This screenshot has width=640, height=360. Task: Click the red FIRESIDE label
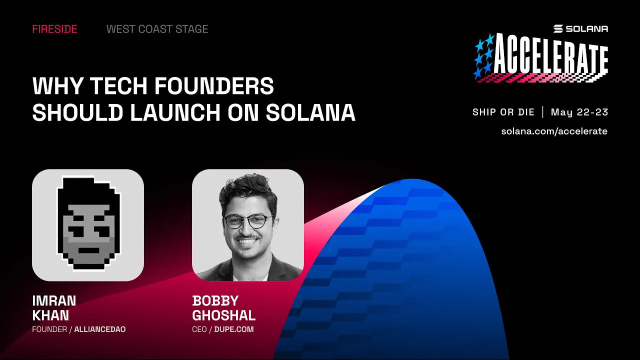point(54,29)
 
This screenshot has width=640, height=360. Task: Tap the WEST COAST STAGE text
point(157,29)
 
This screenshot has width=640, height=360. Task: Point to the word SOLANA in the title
point(310,113)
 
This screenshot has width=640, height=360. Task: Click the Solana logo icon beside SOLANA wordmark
point(558,29)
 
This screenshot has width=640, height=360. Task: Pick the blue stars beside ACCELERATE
point(484,56)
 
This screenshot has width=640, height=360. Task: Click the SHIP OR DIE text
point(503,112)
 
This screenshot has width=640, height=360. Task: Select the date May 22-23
point(579,112)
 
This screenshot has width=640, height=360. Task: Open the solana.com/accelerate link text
point(554,131)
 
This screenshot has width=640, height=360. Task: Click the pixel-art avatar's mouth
point(88,249)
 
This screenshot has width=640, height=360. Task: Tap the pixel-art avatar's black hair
point(88,190)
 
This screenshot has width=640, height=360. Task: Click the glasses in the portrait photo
point(248,221)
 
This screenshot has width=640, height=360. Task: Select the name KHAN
point(50,315)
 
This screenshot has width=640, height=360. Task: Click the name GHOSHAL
point(223,315)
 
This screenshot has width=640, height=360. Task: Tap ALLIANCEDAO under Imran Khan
point(99,329)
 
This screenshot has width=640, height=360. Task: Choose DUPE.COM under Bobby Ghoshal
point(234,329)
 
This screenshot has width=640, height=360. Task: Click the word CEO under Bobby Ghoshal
point(199,329)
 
